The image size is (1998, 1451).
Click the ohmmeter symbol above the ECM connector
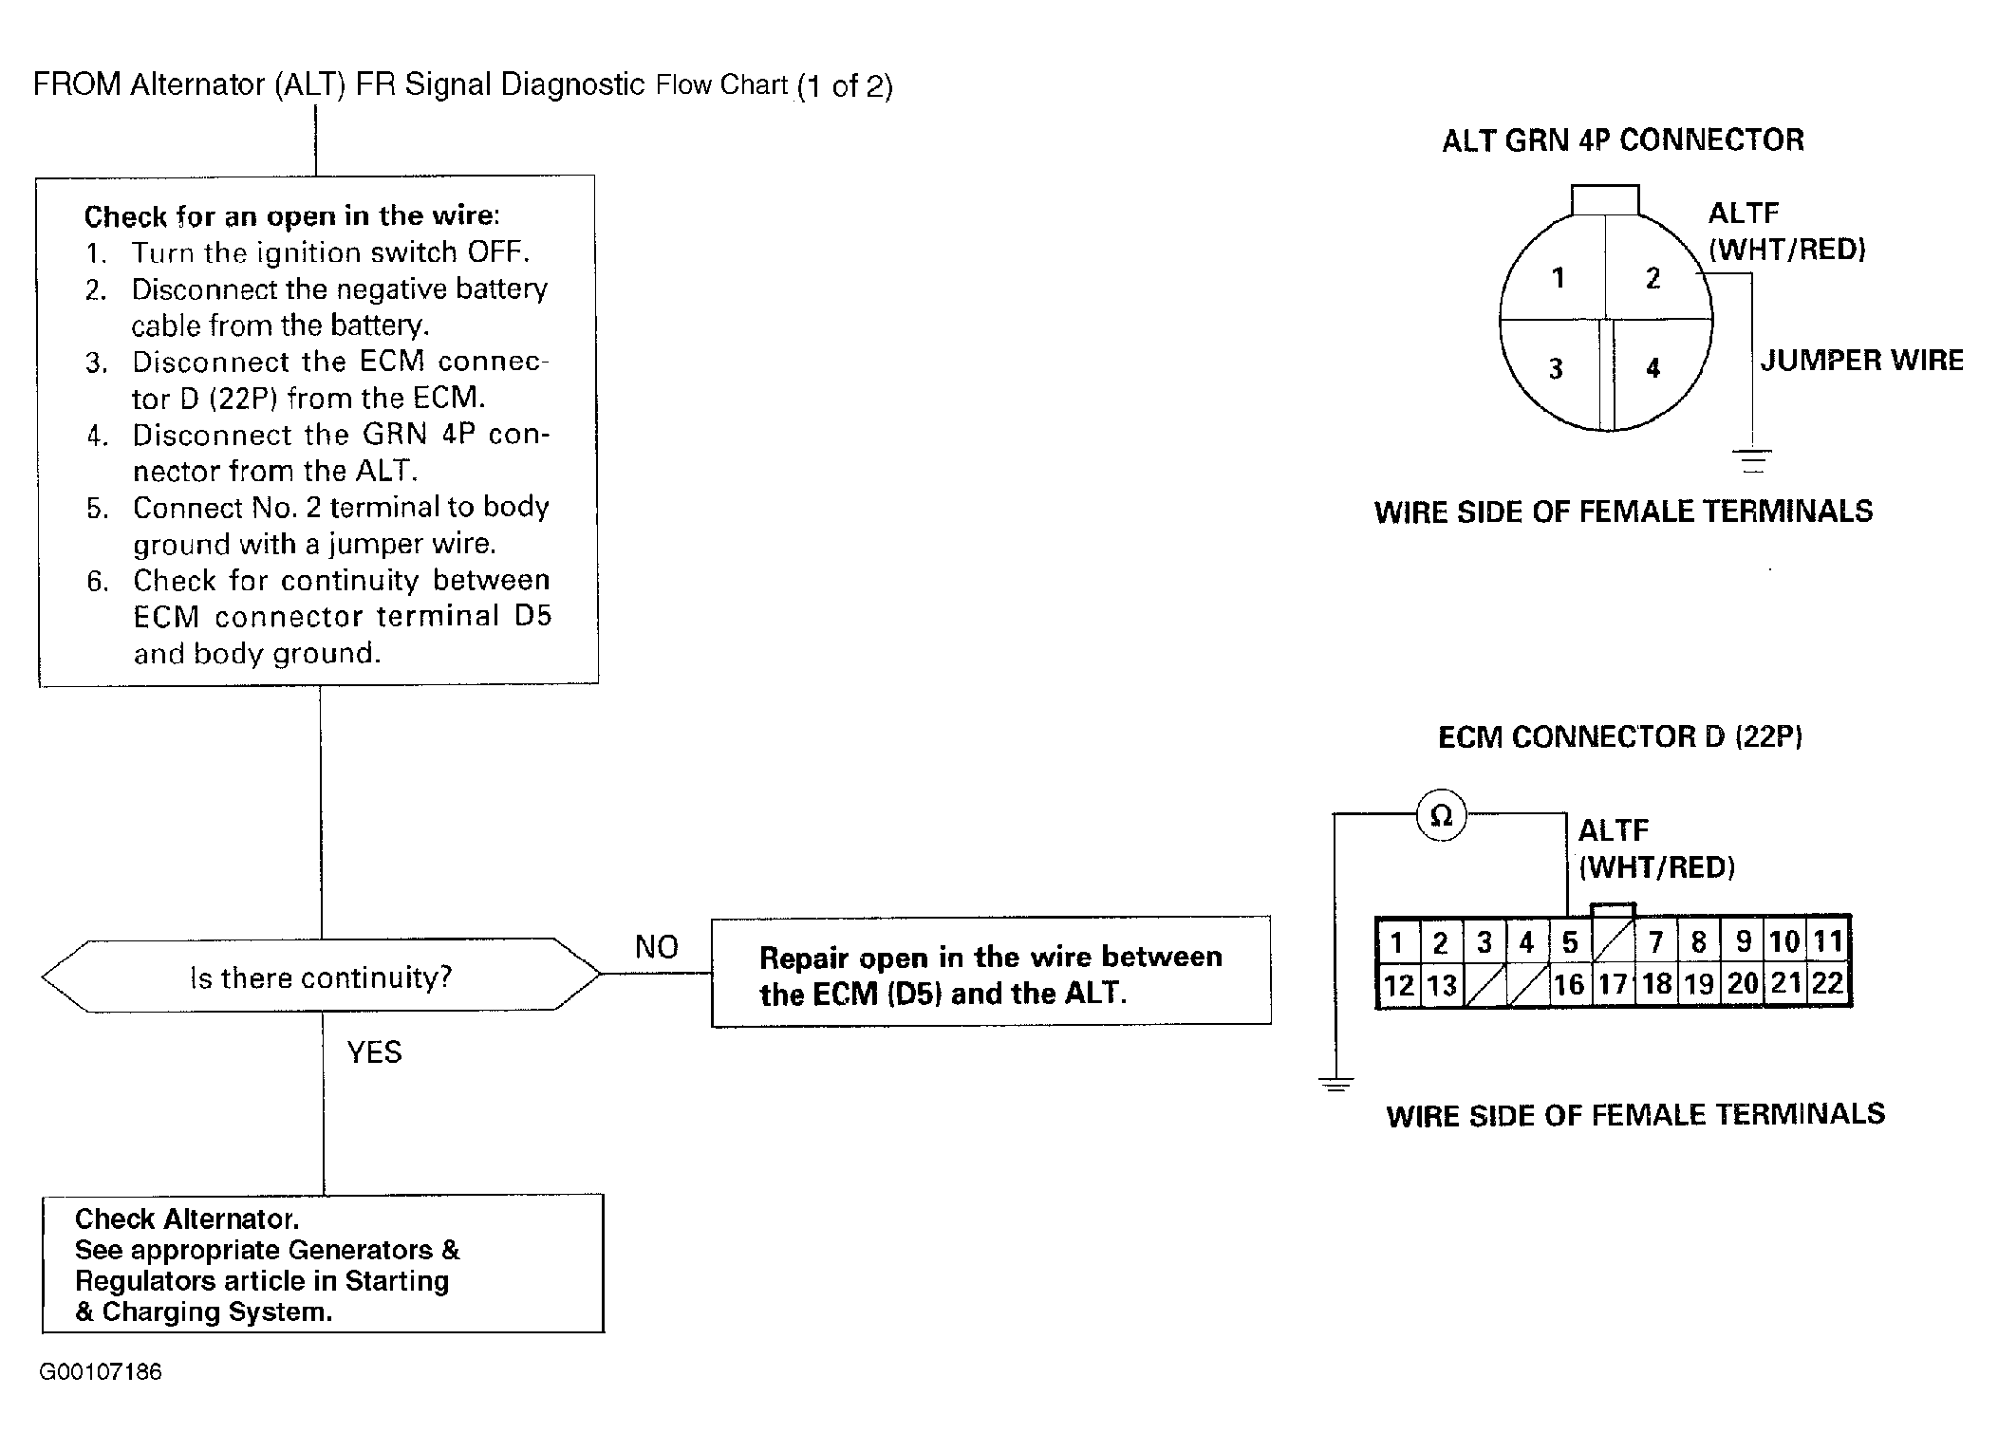(x=1441, y=815)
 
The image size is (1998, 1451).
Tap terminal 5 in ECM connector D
(x=1569, y=942)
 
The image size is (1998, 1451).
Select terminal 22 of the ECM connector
(x=1827, y=983)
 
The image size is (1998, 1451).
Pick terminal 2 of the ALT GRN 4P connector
(x=1653, y=278)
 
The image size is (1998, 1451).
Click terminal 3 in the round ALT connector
(x=1556, y=368)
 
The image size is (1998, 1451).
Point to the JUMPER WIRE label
(x=1861, y=361)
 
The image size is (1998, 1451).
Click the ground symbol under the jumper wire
(x=1752, y=460)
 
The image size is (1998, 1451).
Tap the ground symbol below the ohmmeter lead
(x=1336, y=1084)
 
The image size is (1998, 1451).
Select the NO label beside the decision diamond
(x=656, y=947)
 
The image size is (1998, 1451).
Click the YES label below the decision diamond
(x=374, y=1052)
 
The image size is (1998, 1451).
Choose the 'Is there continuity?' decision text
(x=321, y=977)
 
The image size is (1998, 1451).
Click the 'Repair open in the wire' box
(x=990, y=973)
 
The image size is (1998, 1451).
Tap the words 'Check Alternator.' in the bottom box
(x=186, y=1218)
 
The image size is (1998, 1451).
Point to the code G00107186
(x=101, y=1372)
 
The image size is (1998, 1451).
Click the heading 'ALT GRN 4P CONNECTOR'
(x=1622, y=140)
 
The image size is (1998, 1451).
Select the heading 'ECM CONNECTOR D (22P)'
(x=1619, y=737)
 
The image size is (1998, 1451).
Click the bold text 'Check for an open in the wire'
(x=290, y=216)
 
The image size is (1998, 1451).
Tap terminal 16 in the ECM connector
(x=1569, y=985)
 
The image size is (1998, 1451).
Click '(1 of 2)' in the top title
(x=845, y=86)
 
